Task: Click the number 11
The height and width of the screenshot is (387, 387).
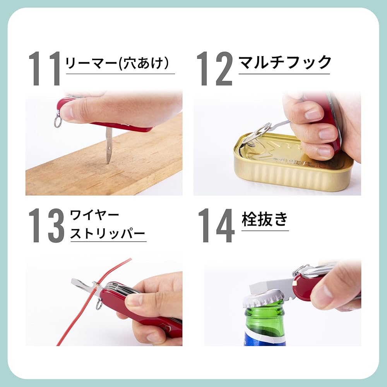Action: pos(45,68)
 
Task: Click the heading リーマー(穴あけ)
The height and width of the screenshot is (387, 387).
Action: pos(117,63)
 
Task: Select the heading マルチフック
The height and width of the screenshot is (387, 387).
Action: pos(285,62)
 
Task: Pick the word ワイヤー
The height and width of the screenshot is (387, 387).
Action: pos(94,216)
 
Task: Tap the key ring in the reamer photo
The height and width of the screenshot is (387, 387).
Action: pos(57,121)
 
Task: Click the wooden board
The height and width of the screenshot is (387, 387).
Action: pos(104,163)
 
